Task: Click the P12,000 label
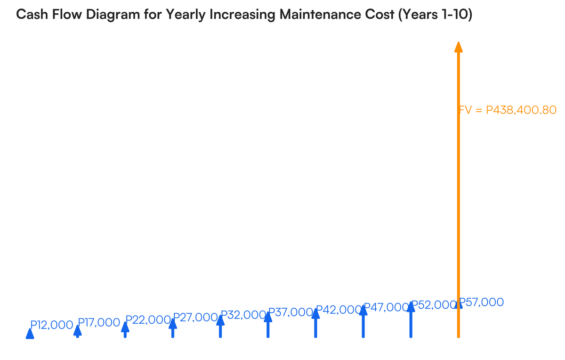point(52,325)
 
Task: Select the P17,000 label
point(99,323)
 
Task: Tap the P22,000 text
point(147,319)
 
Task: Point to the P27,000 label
point(195,317)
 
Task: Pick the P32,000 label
point(242,315)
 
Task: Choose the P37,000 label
point(290,312)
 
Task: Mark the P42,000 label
point(338,310)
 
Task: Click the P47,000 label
point(386,307)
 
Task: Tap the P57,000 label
point(481,302)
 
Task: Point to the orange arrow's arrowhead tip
point(458,42)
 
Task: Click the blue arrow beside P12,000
point(30,334)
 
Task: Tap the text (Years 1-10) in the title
point(436,15)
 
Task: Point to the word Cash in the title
point(31,15)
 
